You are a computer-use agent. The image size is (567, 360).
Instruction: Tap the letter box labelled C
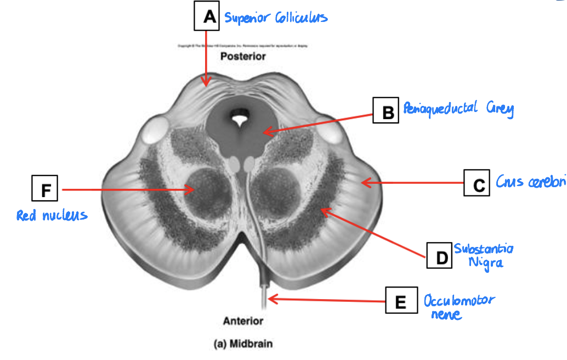pyautogui.click(x=477, y=183)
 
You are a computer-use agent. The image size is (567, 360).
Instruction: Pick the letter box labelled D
pyautogui.click(x=439, y=256)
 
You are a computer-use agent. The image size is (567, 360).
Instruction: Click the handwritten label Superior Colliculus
pyautogui.click(x=276, y=18)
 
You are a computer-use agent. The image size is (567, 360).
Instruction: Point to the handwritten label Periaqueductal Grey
pyautogui.click(x=458, y=109)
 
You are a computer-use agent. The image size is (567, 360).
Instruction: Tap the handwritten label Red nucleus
pyautogui.click(x=52, y=215)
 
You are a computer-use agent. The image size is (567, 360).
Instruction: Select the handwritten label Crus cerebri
pyautogui.click(x=530, y=182)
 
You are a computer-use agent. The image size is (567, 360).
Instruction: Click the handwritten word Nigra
pyautogui.click(x=485, y=262)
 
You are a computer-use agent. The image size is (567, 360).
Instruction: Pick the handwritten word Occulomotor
pyautogui.click(x=459, y=301)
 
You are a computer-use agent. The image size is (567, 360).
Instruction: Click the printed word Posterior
pyautogui.click(x=243, y=56)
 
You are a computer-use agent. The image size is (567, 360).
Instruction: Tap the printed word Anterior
pyautogui.click(x=243, y=321)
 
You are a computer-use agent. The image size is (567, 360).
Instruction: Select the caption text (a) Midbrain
pyautogui.click(x=242, y=345)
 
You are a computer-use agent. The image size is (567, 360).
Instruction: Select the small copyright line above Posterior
pyautogui.click(x=243, y=46)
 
